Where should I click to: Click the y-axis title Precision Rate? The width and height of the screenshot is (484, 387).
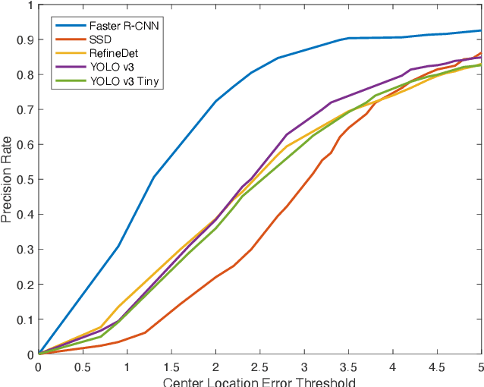pyautogui.click(x=8, y=180)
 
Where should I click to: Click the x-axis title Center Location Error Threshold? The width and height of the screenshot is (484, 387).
pyautogui.click(x=259, y=381)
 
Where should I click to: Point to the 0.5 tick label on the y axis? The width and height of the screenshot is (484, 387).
pyautogui.click(x=24, y=180)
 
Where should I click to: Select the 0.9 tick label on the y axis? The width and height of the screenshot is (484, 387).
pyautogui.click(x=24, y=39)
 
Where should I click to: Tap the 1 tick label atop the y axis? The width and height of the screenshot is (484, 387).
pyautogui.click(x=29, y=5)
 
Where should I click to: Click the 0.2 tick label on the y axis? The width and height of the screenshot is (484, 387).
pyautogui.click(x=24, y=285)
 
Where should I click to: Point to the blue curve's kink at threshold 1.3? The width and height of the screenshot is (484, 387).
pyautogui.click(x=154, y=178)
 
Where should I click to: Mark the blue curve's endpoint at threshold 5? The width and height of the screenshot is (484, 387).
pyautogui.click(x=481, y=30)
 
